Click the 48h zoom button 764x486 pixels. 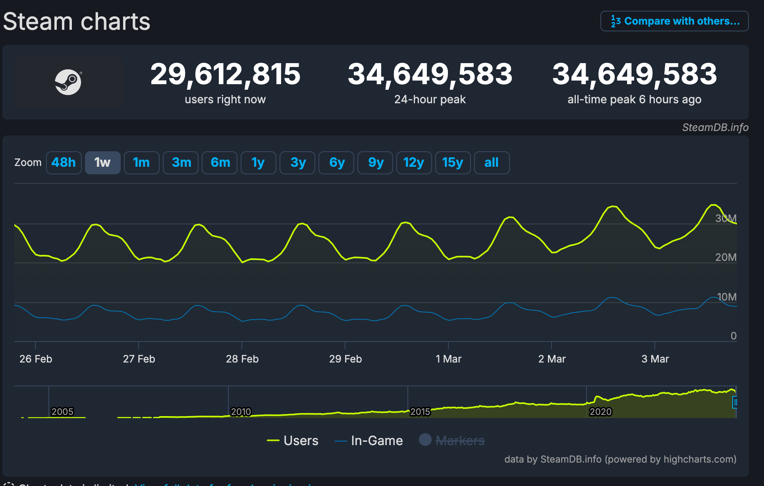64,162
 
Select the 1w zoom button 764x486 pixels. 102,162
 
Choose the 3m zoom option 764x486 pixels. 181,162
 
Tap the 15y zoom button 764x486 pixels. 453,162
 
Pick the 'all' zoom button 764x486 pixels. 492,162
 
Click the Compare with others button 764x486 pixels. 675,21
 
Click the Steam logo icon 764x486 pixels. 68,82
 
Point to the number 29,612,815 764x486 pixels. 225,74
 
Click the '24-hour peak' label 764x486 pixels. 430,99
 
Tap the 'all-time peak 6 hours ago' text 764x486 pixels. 634,99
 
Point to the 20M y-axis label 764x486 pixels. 725,257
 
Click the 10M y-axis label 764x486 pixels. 726,297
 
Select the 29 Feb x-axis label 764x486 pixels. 345,359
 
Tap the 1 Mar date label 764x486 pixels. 448,359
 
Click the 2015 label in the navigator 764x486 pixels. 420,412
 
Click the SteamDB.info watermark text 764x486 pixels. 715,127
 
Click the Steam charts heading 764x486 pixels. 77,21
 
